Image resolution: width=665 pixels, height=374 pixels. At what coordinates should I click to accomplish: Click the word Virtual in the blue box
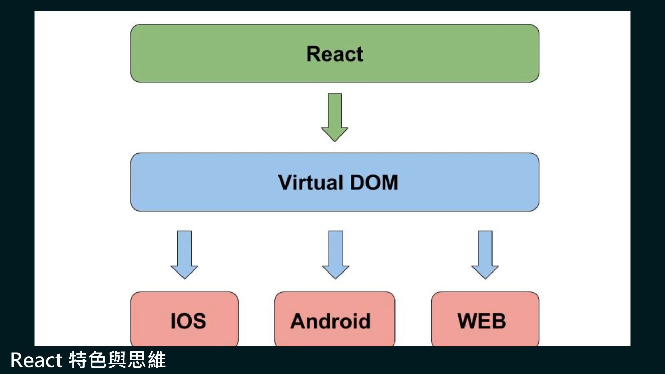coord(310,182)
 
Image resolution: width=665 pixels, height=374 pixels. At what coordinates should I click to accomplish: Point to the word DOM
coord(374,182)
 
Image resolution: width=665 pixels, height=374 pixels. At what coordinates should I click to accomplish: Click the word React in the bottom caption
coord(36,360)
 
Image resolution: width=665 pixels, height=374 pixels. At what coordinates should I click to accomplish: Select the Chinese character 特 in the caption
coord(78,360)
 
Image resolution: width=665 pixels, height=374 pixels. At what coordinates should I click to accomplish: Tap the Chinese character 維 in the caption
coord(157,360)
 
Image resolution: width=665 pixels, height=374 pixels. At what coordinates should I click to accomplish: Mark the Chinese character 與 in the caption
coord(117,360)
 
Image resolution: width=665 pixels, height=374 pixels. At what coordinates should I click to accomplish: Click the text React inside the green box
coord(335,54)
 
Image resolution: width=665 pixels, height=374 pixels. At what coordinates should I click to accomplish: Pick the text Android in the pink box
coord(330,321)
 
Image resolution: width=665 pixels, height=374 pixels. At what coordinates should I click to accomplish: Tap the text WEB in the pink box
coord(481,321)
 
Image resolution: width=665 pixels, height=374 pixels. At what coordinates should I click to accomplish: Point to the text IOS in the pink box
coord(188,321)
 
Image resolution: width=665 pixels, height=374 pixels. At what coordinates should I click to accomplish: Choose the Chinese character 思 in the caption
coord(137,360)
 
